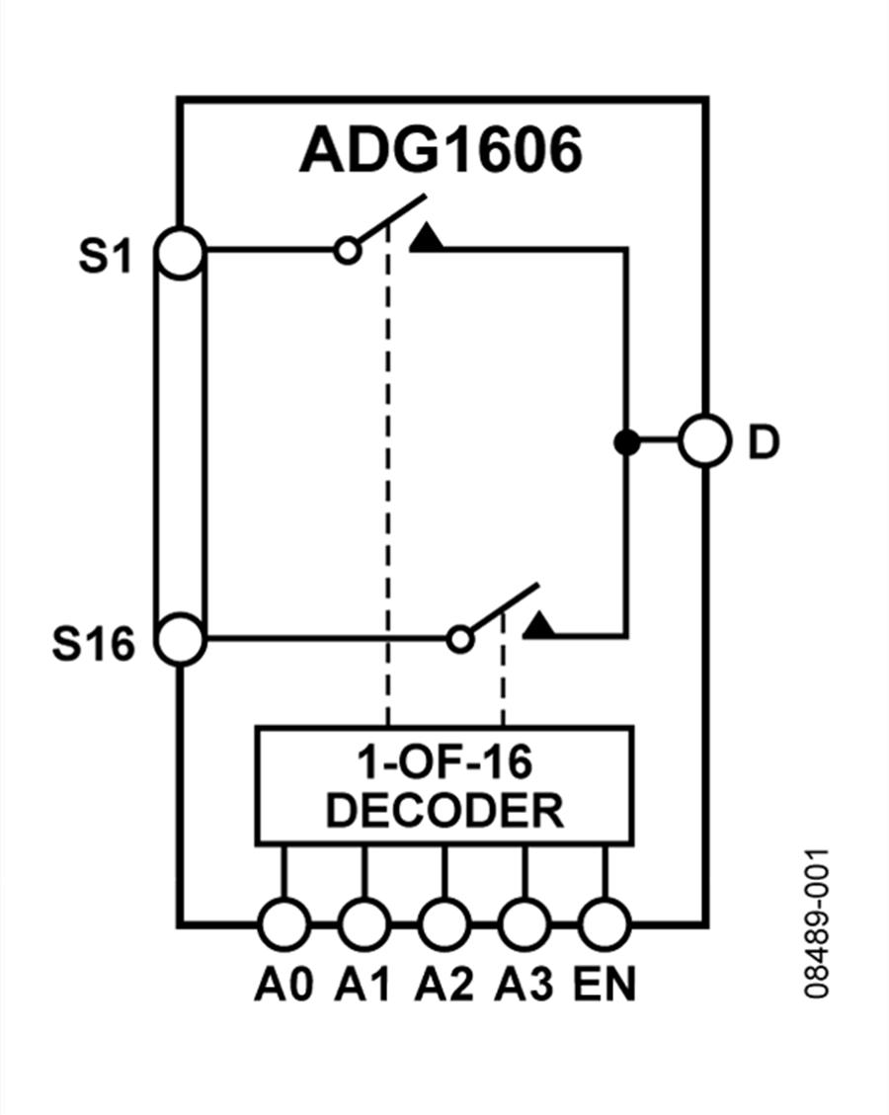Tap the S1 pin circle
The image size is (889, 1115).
(181, 252)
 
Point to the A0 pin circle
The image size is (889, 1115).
(283, 924)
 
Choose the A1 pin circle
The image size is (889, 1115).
(364, 924)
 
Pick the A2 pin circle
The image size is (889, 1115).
(444, 924)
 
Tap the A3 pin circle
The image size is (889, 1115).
(524, 924)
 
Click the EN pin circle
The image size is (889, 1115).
(604, 924)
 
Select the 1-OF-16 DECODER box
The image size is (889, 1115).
(444, 786)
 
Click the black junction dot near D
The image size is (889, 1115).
(625, 442)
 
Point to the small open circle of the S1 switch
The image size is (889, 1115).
(347, 251)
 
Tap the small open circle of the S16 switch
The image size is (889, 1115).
(459, 639)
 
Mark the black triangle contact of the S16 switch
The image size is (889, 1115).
(539, 625)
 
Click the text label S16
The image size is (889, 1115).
(93, 647)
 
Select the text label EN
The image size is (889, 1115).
(605, 985)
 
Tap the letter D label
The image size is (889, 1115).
(763, 444)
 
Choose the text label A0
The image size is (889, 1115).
(283, 985)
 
